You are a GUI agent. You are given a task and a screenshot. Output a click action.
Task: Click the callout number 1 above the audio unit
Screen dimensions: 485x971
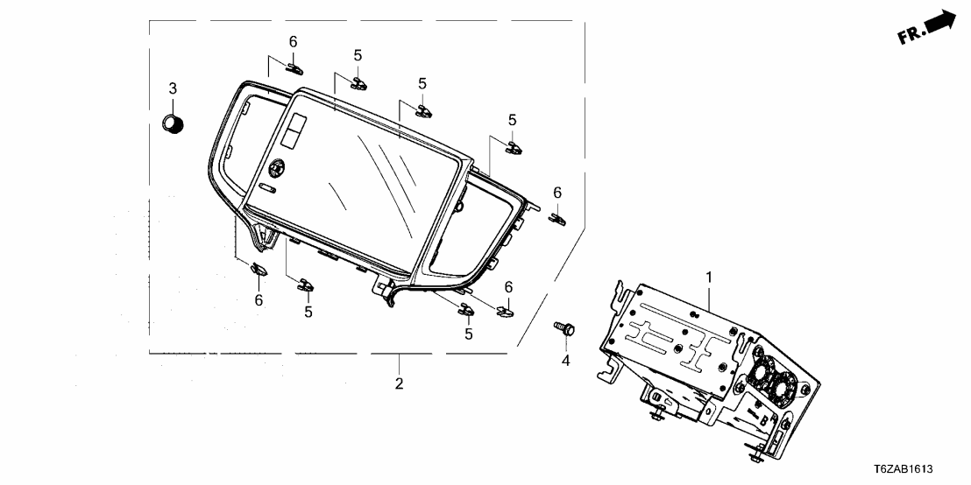(709, 278)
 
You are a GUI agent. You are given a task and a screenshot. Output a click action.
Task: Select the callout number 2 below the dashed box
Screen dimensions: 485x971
(399, 383)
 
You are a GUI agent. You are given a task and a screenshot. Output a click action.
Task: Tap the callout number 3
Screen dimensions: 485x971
(173, 88)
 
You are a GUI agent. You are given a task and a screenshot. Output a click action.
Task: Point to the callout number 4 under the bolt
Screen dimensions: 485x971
(565, 360)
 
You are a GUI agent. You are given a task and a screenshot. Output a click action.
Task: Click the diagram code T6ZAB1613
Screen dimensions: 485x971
(928, 469)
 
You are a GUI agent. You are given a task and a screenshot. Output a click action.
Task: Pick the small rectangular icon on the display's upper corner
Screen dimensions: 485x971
(293, 132)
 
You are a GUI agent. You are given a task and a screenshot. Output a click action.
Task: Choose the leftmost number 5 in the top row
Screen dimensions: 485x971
(358, 55)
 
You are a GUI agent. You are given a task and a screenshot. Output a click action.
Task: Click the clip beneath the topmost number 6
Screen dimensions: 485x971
(294, 67)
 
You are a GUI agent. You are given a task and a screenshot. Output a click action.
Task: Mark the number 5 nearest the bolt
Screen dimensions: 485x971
(469, 334)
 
